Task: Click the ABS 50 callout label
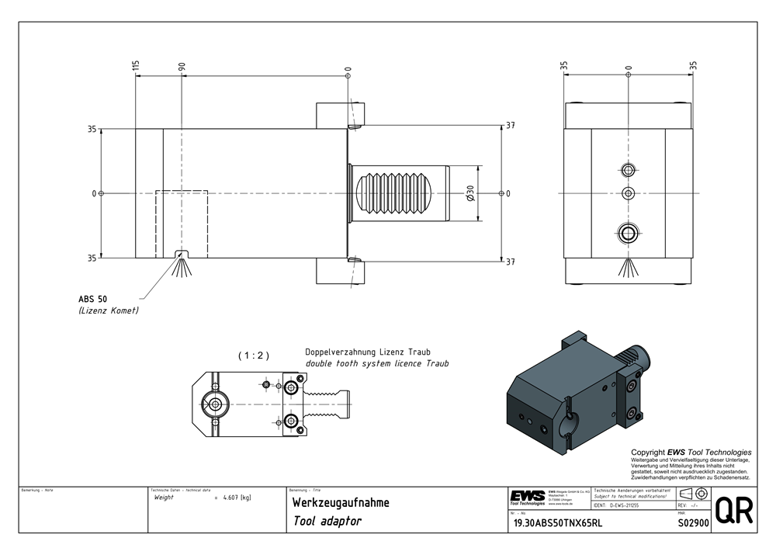(x=93, y=299)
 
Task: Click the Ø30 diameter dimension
(x=471, y=193)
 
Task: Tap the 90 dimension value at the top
(x=182, y=68)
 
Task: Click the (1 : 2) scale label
(x=253, y=356)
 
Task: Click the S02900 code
(x=694, y=523)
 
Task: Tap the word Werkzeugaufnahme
(x=341, y=503)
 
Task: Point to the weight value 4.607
(x=234, y=498)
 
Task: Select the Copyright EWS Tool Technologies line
(x=691, y=453)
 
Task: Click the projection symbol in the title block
(x=692, y=494)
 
